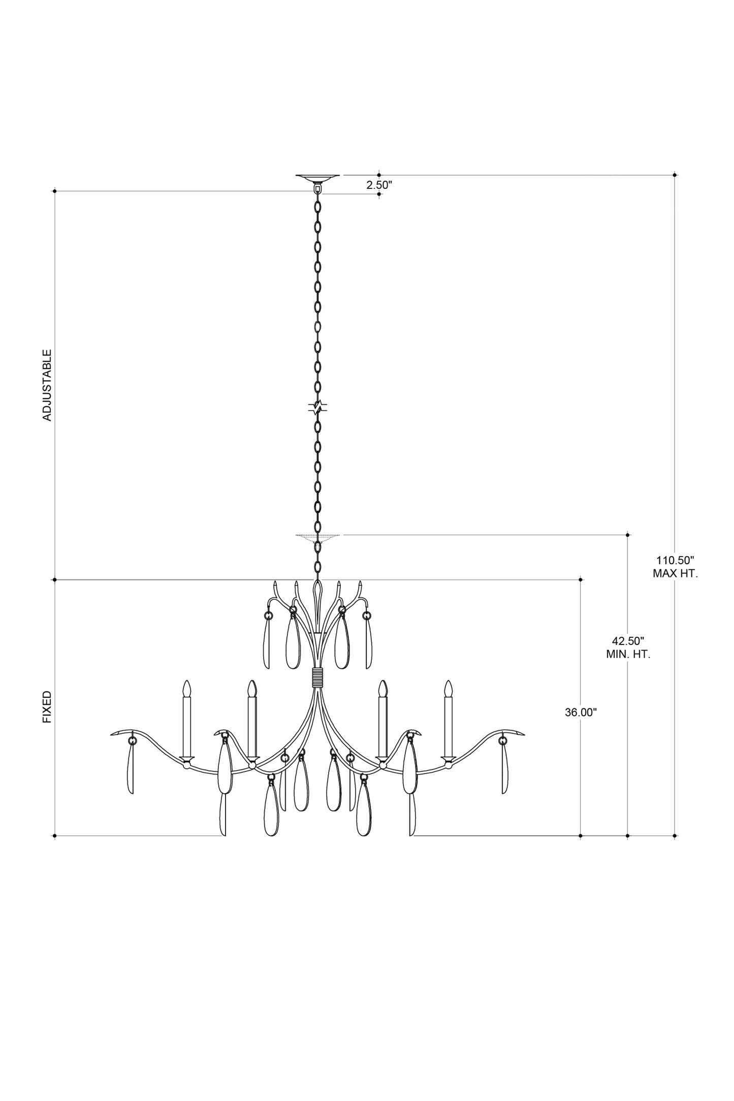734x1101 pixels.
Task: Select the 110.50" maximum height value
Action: point(675,561)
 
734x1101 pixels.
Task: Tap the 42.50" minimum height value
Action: point(628,641)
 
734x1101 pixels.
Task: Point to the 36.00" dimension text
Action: point(581,713)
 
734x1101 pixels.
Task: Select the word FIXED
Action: point(47,707)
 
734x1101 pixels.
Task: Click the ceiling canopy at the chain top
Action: point(318,178)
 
